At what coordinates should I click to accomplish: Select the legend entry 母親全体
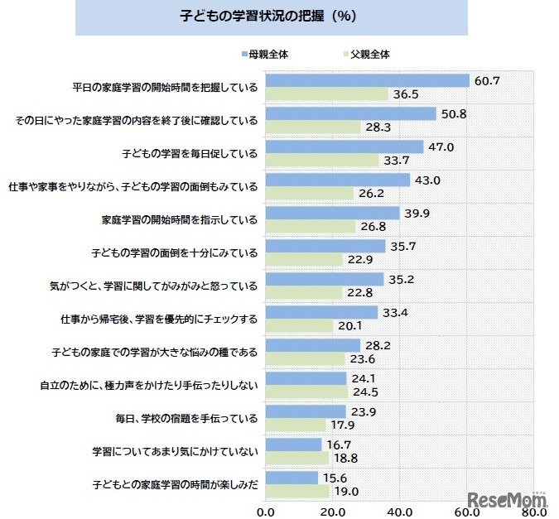268,54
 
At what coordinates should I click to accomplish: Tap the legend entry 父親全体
369,54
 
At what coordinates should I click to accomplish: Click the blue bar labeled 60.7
368,80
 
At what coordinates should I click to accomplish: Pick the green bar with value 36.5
326,94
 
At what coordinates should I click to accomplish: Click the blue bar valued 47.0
345,147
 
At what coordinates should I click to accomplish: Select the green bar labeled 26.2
309,194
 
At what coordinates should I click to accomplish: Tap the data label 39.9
418,213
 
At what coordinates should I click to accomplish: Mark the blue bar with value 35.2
324,279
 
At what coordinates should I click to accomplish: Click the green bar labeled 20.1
299,326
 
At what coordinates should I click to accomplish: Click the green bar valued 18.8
296,459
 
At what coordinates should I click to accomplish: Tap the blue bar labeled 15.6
291,478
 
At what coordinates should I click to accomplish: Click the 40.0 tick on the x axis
400,511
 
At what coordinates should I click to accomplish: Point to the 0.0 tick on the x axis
265,511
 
